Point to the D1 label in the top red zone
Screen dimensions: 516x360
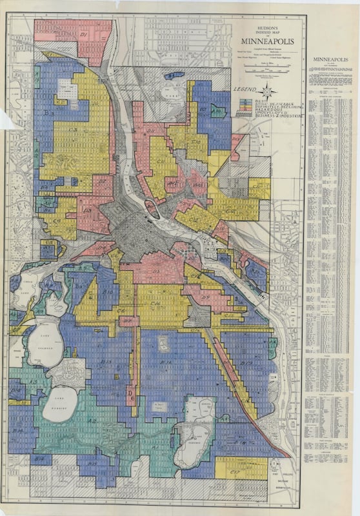(84, 34)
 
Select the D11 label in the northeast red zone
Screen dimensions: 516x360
(154, 132)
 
